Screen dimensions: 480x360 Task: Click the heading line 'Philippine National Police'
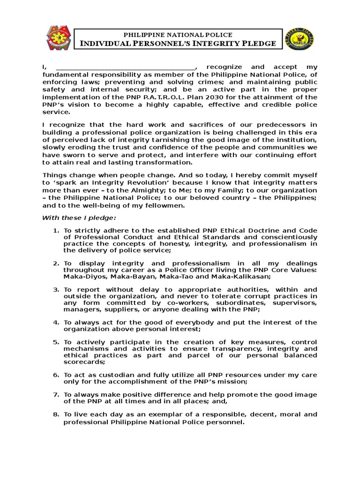pos(177,35)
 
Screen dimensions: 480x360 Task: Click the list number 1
pos(55,231)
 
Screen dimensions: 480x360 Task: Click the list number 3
pos(55,290)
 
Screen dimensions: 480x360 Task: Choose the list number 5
pos(55,342)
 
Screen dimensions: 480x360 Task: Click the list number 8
pos(55,414)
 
